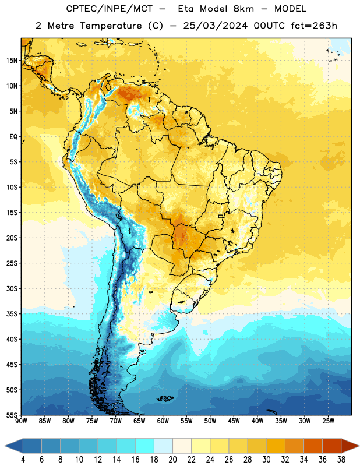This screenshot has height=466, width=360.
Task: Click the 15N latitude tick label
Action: point(12,61)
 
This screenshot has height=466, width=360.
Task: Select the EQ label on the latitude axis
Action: point(13,137)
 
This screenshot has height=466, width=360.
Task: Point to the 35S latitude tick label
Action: point(12,314)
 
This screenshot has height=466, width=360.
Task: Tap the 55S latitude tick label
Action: point(12,415)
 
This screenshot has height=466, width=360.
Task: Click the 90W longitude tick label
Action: point(22,421)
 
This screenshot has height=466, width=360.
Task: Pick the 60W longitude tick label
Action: point(163,421)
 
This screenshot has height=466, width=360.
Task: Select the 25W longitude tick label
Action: point(328,421)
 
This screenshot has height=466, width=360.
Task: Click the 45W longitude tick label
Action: point(234,421)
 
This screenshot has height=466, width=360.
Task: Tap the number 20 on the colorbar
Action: point(172,460)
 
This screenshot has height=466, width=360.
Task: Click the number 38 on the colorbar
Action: point(341,460)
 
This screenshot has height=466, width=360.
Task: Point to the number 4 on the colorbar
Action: point(23,460)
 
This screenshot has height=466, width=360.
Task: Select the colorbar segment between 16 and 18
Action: point(145,446)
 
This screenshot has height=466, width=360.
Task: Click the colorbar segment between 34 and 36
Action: point(313,446)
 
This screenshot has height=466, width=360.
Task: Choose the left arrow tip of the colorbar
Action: point(5,446)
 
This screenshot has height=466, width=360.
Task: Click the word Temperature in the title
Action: point(111,26)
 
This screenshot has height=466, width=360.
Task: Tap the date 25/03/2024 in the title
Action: point(215,26)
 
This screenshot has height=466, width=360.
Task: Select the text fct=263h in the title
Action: point(314,26)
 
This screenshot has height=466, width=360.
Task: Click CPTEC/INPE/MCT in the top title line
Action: point(109,9)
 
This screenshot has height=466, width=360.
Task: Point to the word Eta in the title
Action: point(186,9)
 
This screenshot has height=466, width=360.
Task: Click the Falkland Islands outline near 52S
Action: point(165,398)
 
